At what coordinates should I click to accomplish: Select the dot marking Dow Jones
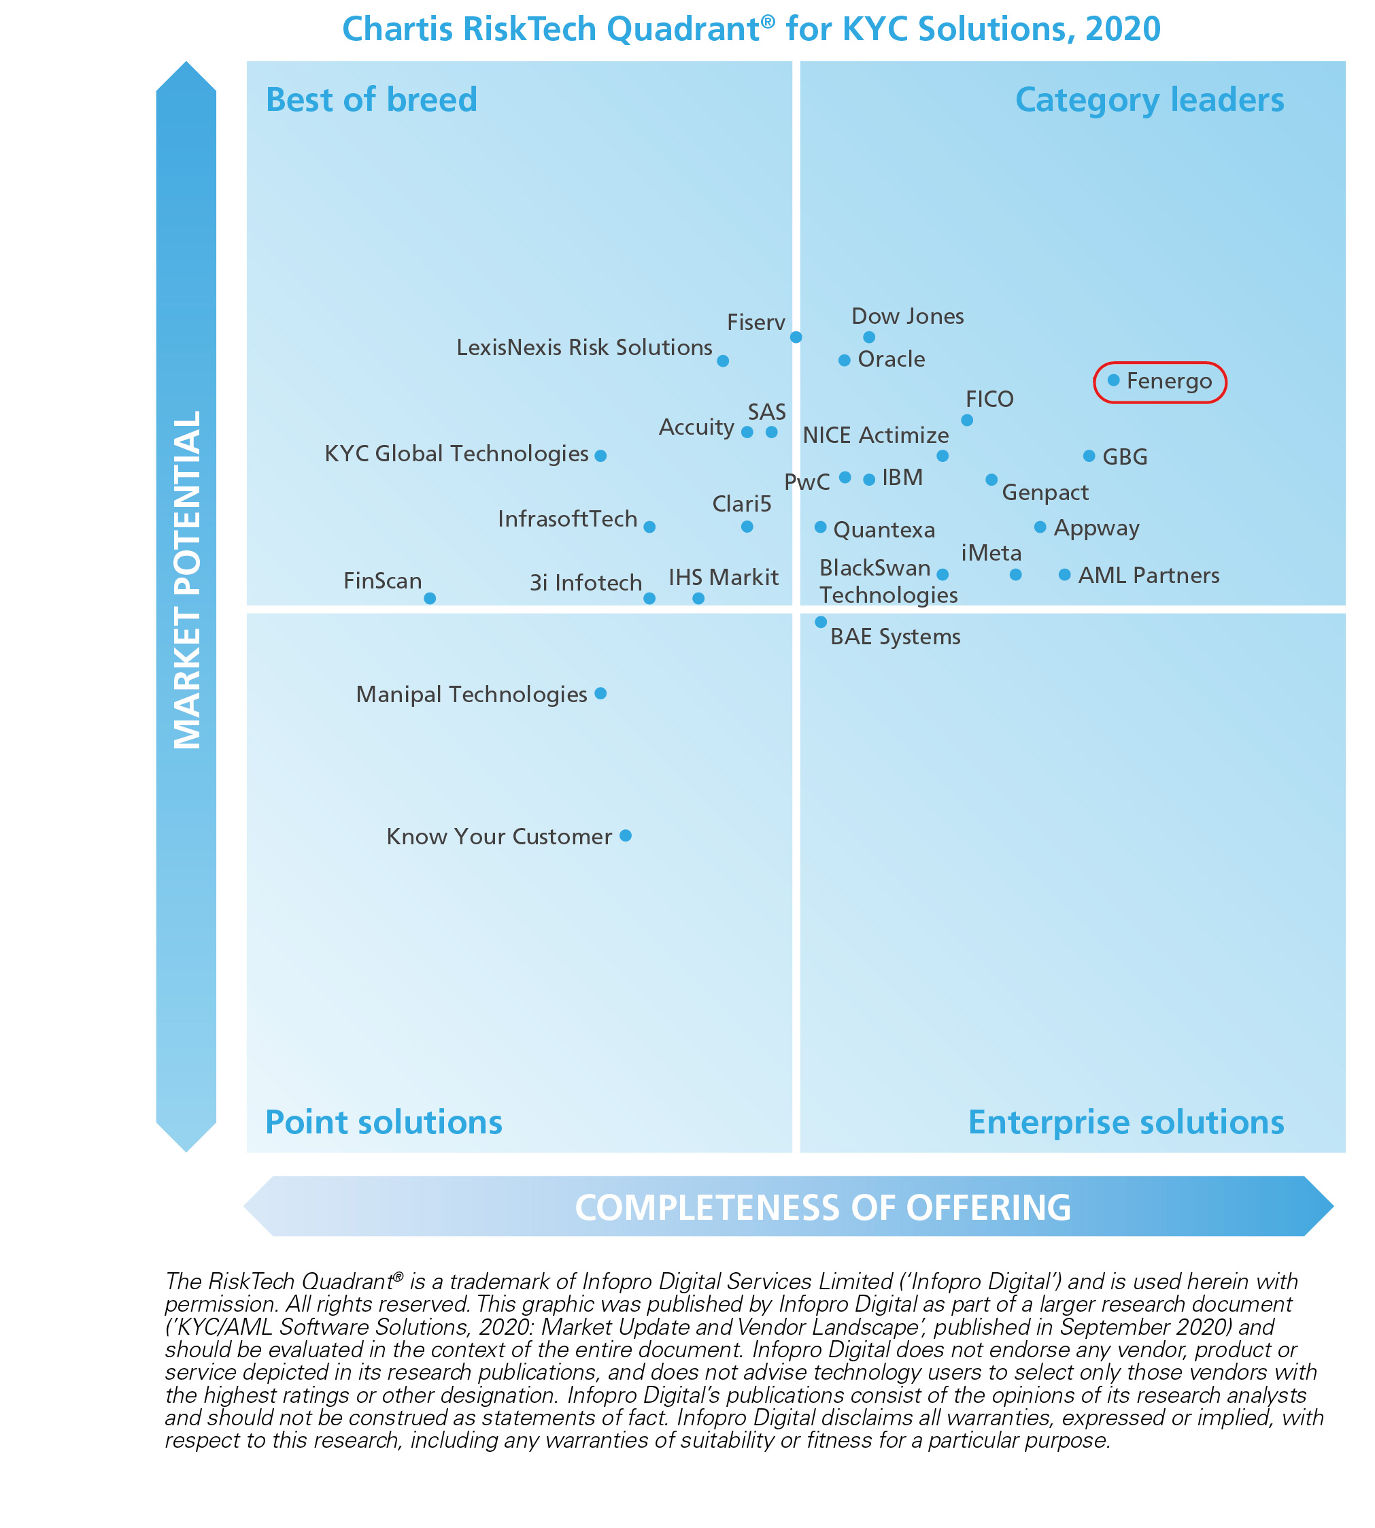[x=869, y=337]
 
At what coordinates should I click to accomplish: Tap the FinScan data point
[x=430, y=598]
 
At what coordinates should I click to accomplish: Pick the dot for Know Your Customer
[x=626, y=836]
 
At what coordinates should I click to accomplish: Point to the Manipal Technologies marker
[x=600, y=694]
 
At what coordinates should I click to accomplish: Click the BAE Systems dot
[x=821, y=622]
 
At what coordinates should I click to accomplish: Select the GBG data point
[x=1089, y=456]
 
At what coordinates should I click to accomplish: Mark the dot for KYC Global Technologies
[x=600, y=456]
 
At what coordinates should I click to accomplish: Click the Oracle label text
[x=892, y=359]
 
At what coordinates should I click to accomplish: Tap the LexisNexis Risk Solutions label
[x=584, y=348]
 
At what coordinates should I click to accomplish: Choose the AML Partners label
[x=1149, y=576]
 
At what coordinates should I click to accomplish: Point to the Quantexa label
[x=884, y=530]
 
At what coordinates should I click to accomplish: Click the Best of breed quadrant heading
[x=372, y=100]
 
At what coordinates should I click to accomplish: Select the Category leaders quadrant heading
[x=1149, y=100]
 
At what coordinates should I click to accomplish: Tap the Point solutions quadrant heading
[x=384, y=1123]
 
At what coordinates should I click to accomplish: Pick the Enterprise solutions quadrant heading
[x=1125, y=1123]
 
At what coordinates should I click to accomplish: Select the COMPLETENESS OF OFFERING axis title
[x=823, y=1208]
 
